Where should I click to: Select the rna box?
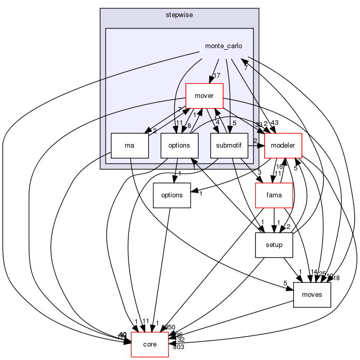coord(130,146)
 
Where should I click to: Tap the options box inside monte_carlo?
coord(179,146)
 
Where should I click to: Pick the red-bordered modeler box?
coord(283,146)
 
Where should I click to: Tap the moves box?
coord(312,295)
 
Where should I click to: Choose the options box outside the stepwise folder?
coord(171,195)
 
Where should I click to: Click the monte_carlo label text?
coord(223,46)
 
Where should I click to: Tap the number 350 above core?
coord(170,327)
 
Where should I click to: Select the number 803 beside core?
coord(178,347)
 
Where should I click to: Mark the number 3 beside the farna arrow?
coord(259,172)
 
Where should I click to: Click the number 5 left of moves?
coord(285,283)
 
